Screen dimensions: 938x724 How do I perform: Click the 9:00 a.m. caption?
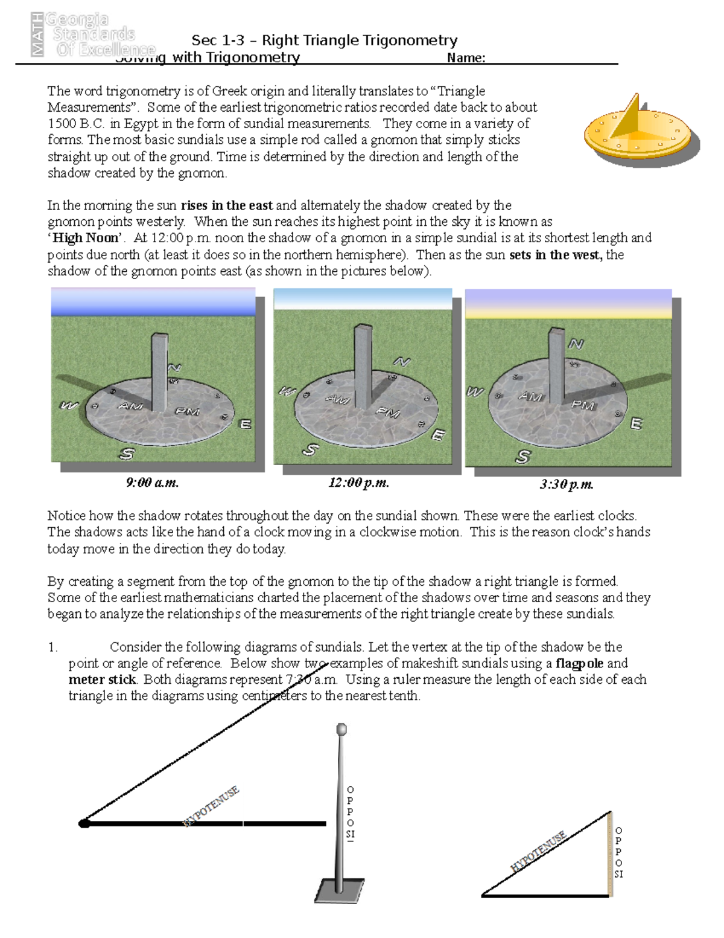click(152, 483)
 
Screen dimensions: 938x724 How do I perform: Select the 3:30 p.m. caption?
click(567, 484)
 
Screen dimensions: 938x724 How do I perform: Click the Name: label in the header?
click(466, 58)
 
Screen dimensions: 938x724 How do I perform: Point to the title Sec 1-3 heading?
click(324, 40)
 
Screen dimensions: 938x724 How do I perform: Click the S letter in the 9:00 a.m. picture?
click(127, 453)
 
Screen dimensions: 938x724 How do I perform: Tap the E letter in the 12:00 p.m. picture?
click(439, 435)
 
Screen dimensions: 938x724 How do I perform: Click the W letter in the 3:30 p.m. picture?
click(475, 392)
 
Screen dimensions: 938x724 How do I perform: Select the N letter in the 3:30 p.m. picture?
click(576, 344)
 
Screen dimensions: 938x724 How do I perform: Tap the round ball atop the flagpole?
click(341, 729)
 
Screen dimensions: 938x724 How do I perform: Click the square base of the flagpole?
click(338, 890)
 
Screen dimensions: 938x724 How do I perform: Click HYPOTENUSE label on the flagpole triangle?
click(211, 806)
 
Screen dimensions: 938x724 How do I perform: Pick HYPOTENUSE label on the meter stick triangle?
click(538, 852)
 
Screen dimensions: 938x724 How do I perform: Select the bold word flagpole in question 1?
click(579, 663)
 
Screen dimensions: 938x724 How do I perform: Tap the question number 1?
click(52, 647)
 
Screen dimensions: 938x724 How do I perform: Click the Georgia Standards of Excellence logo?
click(91, 34)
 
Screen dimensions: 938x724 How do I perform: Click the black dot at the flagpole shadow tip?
click(84, 823)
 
